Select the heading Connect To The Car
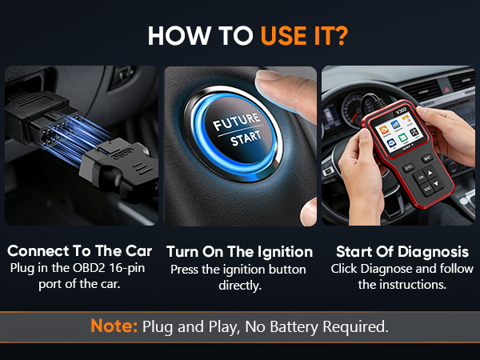(79, 250)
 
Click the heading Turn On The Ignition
(239, 251)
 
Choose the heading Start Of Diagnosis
(401, 251)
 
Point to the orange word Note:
(115, 326)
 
